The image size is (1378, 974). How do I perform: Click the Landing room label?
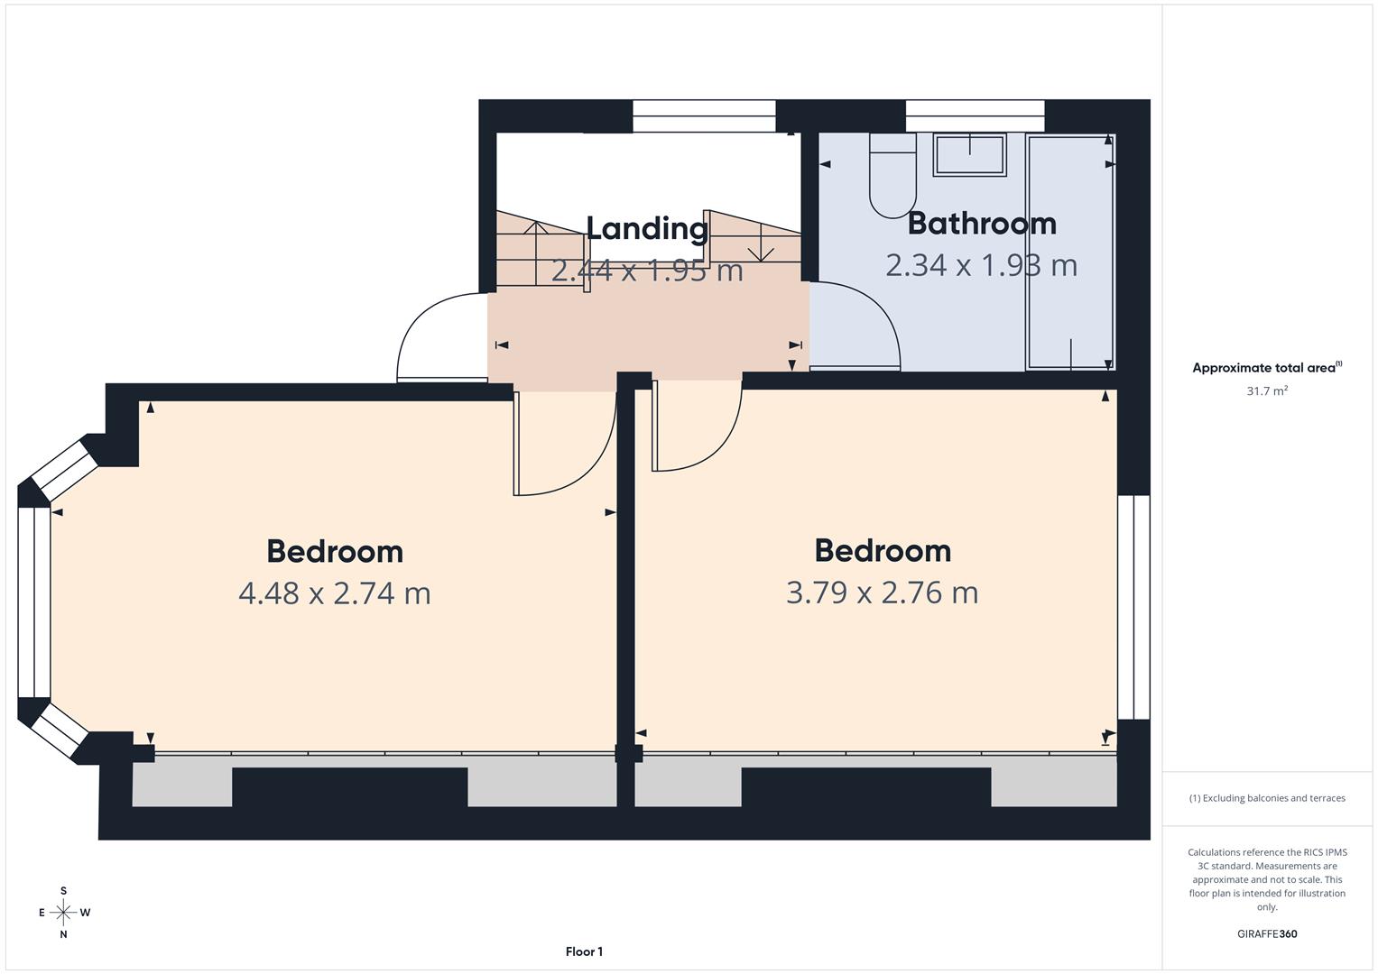(x=647, y=228)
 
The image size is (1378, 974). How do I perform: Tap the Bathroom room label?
(x=982, y=223)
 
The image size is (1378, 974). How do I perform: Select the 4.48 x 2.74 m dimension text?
(x=335, y=593)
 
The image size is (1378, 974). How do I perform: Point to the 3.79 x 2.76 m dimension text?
(x=882, y=593)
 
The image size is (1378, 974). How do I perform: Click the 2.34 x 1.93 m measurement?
(x=981, y=265)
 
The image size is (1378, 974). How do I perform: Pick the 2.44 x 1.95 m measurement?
(x=647, y=270)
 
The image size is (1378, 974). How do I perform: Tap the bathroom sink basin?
(x=969, y=154)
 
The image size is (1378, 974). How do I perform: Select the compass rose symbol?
(x=63, y=913)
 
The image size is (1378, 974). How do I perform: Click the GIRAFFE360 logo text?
(x=1267, y=934)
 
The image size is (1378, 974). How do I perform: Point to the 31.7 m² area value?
(x=1267, y=391)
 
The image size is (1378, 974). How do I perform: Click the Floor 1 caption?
(x=584, y=951)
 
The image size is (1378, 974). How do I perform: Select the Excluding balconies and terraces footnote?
(x=1267, y=798)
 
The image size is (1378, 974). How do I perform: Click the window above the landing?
(x=704, y=115)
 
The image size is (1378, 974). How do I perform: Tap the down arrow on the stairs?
(x=761, y=243)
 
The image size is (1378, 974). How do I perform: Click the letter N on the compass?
(x=63, y=934)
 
